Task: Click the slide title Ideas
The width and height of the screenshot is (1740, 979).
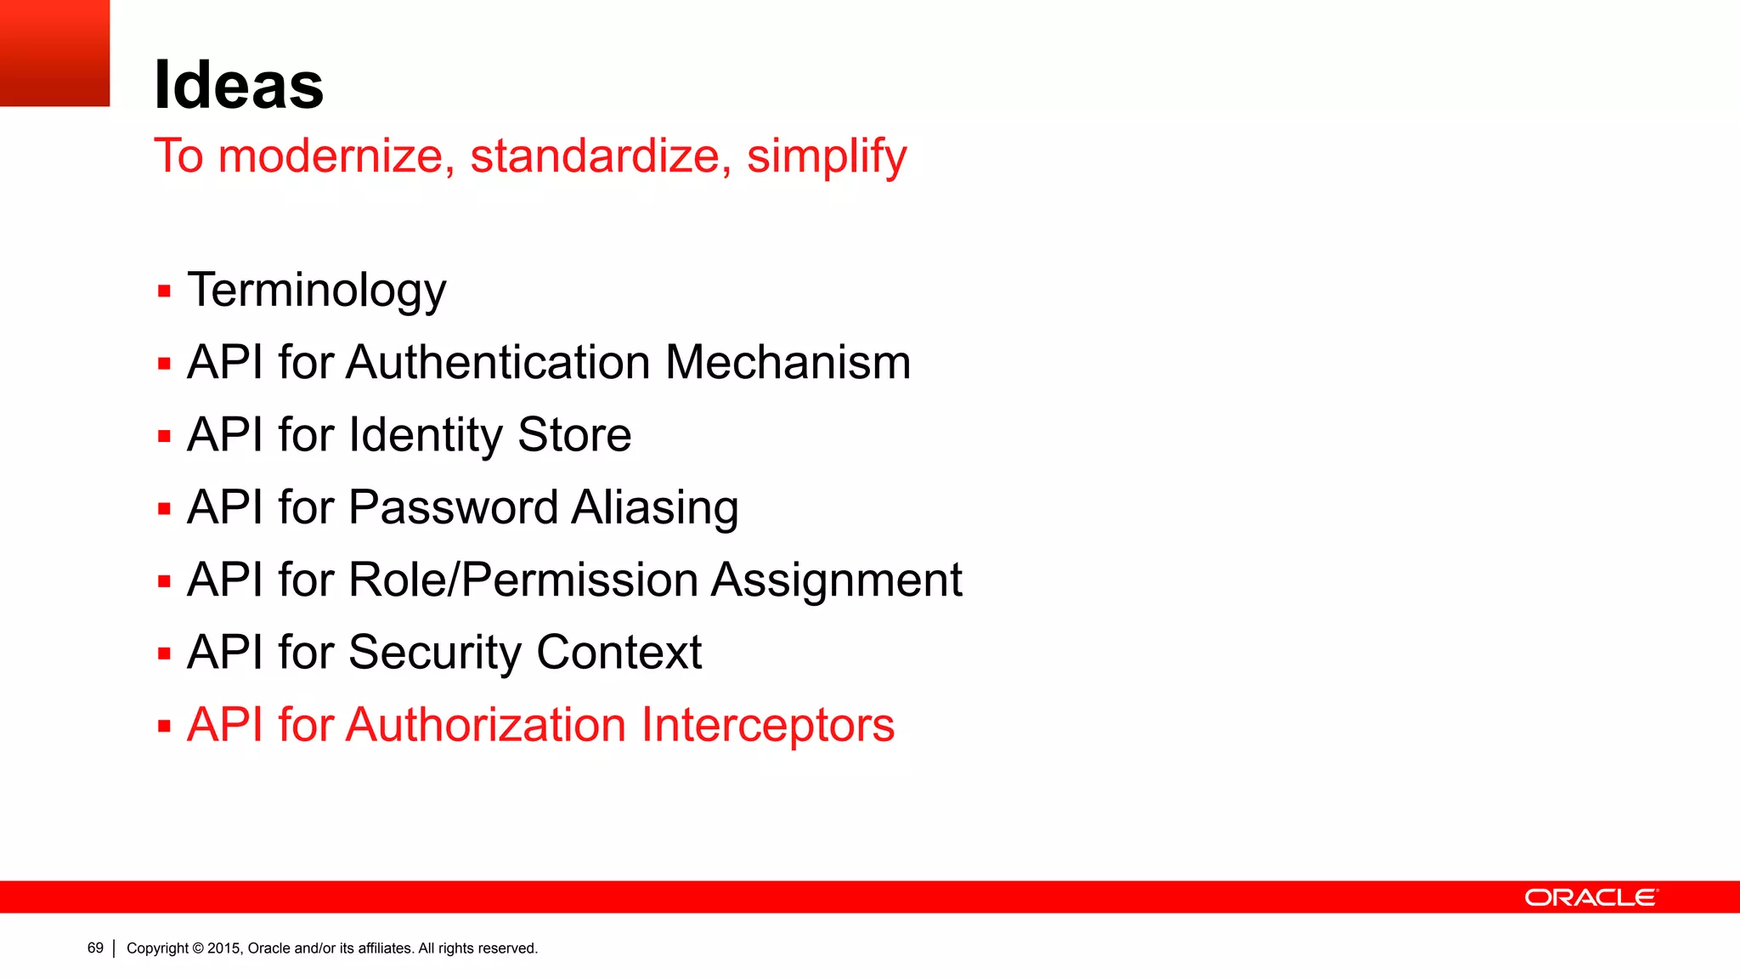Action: (239, 85)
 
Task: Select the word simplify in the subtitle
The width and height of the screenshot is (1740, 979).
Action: (826, 156)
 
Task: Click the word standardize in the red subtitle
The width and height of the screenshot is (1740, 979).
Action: (595, 156)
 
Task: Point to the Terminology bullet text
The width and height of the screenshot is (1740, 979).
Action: (316, 291)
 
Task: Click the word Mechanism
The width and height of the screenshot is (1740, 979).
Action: (788, 363)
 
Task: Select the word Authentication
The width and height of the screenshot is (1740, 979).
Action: (499, 363)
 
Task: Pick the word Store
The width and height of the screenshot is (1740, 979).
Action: (574, 435)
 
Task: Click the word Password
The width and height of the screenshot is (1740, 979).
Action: (452, 507)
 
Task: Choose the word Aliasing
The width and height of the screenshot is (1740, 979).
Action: (654, 507)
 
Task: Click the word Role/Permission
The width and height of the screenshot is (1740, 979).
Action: (523, 580)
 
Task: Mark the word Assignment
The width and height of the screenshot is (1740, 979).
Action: (836, 580)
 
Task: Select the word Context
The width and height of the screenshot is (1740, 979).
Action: (619, 653)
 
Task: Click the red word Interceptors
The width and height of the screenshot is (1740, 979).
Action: (767, 725)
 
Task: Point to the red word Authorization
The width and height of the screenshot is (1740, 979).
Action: (486, 725)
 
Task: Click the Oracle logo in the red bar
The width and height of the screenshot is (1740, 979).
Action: (1590, 897)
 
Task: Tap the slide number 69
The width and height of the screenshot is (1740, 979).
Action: (95, 948)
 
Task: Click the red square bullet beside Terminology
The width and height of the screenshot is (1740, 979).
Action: (164, 291)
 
